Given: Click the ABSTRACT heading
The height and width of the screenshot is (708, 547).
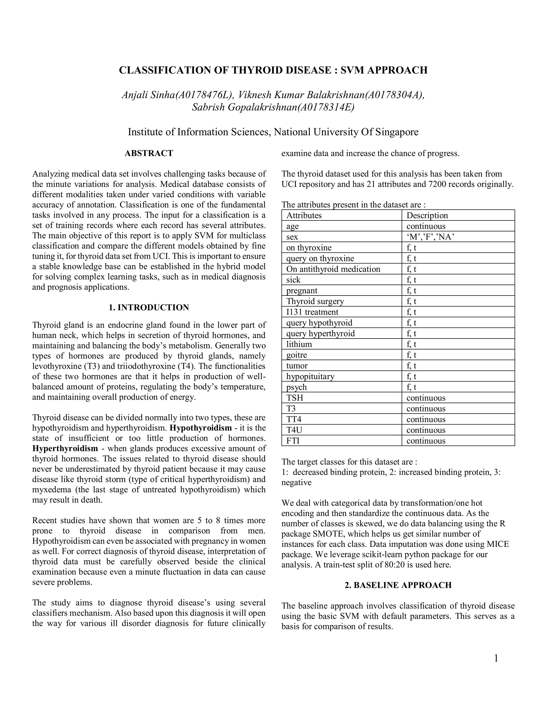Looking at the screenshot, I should coord(149,153).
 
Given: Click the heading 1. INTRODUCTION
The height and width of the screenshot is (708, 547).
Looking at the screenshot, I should coord(149,307).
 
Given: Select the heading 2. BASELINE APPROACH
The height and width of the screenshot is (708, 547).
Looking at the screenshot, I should coord(398,585).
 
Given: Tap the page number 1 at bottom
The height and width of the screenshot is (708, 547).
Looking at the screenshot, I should coord(496,658).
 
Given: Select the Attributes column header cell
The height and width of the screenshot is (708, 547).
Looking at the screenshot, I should coord(304,216).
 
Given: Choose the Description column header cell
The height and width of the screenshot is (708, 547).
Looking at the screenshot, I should coord(427,216).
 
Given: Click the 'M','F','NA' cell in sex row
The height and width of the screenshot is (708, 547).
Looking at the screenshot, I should coord(430,237).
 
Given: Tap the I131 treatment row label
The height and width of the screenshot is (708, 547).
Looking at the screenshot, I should coord(312,312).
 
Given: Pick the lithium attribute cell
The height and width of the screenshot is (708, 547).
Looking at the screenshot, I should coord(299,344).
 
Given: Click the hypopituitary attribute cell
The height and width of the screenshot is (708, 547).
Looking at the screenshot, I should coord(310,376).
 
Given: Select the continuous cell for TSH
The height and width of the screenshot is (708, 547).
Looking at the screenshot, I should coord(426,398).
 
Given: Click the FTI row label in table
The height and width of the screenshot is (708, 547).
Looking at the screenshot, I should coord(293,441).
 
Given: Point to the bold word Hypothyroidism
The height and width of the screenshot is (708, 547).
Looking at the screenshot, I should coord(201,428).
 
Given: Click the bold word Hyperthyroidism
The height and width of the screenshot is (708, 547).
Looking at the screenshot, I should coord(65,448).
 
